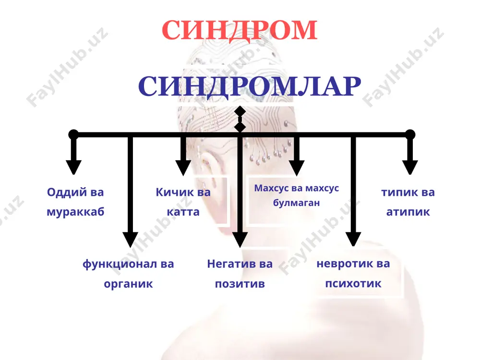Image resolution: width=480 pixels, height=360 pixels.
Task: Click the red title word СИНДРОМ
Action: [240, 30]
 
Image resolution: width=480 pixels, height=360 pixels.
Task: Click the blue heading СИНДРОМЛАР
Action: [250, 86]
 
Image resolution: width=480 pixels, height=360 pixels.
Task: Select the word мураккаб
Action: [75, 212]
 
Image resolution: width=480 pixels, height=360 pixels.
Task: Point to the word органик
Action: [128, 284]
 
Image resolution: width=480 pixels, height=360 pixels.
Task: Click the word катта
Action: [183, 212]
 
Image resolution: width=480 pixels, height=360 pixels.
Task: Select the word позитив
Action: [240, 284]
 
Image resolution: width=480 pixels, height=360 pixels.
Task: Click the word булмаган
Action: [296, 203]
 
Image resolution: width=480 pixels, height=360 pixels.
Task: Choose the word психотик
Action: [353, 284]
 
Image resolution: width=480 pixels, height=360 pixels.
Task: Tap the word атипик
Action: [408, 212]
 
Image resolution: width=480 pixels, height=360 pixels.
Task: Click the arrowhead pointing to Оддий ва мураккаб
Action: [73, 167]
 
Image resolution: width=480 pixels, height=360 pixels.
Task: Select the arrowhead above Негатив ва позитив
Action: [240, 240]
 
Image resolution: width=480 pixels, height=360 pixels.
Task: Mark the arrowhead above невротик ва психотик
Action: [353, 239]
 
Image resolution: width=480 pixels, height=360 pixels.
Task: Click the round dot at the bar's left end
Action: [73, 134]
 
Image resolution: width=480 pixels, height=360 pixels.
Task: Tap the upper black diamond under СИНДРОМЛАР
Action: [240, 111]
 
